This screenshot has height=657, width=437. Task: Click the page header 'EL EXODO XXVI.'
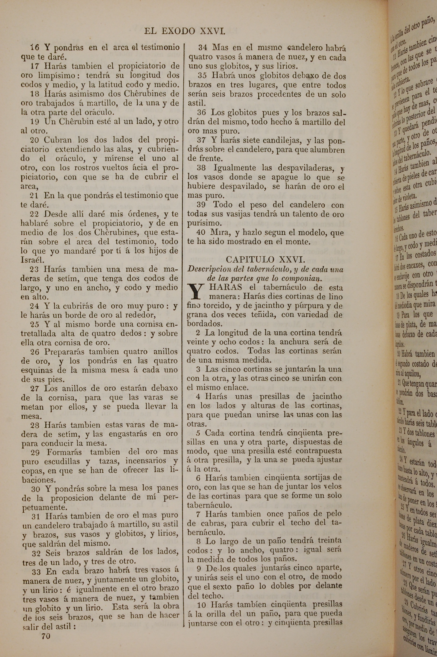pyautogui.click(x=184, y=31)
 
